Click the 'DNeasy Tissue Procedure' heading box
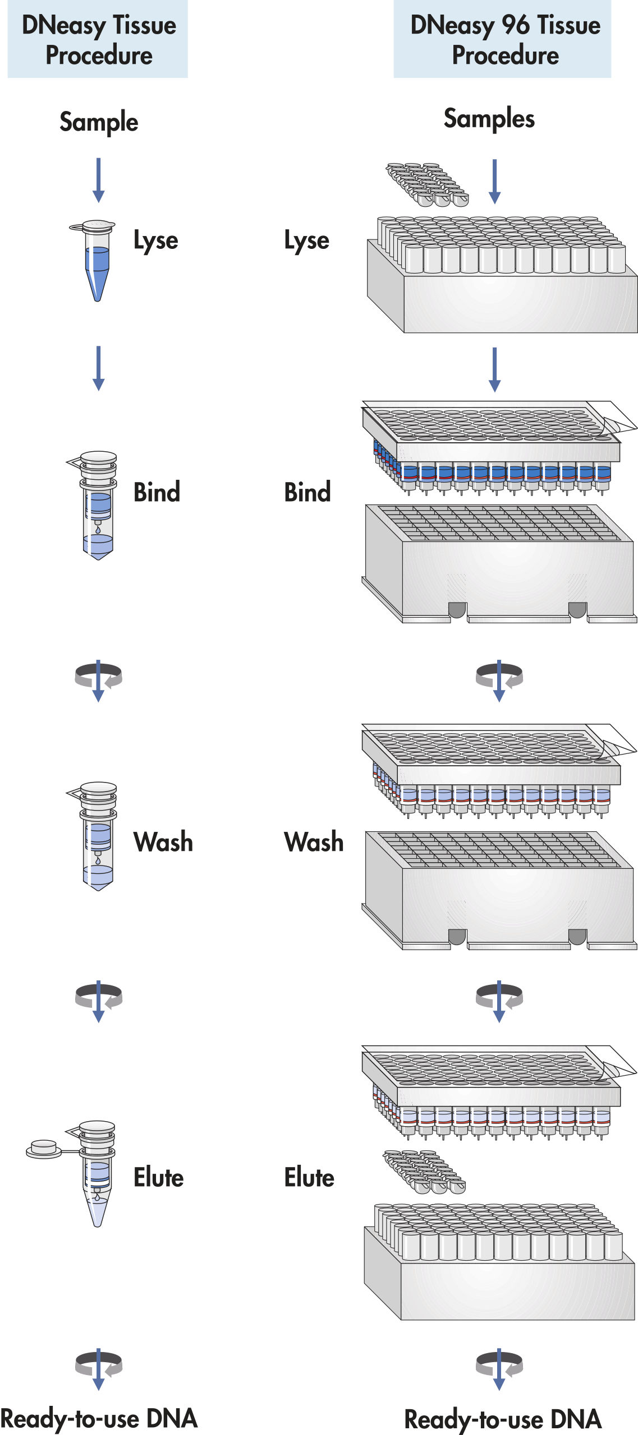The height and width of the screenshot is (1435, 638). [x=98, y=39]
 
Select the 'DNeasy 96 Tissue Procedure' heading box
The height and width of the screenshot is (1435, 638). [x=502, y=39]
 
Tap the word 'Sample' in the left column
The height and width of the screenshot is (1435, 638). [x=99, y=122]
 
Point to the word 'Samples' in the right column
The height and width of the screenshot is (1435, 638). [x=489, y=118]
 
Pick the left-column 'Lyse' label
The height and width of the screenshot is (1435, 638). [x=155, y=240]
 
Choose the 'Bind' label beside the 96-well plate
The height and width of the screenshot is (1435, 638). [x=307, y=492]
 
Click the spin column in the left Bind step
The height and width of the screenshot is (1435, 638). [x=98, y=504]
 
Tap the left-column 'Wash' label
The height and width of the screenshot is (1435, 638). [x=163, y=842]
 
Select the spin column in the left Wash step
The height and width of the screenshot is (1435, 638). [x=98, y=835]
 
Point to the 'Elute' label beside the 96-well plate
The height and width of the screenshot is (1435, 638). [x=309, y=1177]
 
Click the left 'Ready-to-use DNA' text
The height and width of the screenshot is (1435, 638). [x=99, y=1419]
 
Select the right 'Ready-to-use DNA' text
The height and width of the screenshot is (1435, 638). [x=503, y=1419]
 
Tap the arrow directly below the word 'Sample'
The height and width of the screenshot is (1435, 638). [x=99, y=180]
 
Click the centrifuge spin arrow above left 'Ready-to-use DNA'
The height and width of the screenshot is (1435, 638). [x=99, y=1368]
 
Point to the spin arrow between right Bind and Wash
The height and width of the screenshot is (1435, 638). [x=499, y=679]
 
